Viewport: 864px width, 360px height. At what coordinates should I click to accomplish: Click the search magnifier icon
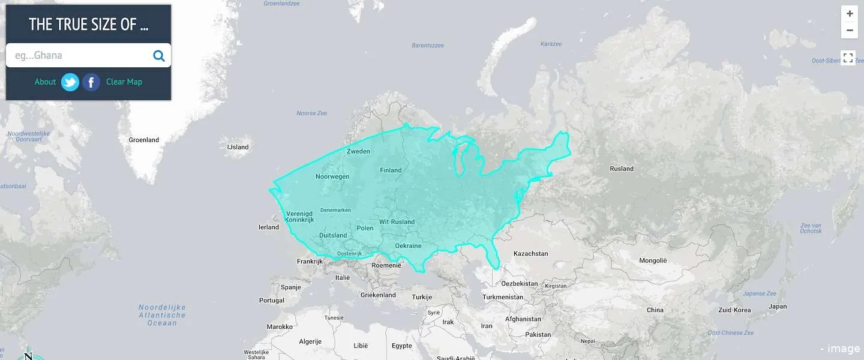tap(159, 56)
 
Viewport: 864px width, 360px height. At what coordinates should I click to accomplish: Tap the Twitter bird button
tap(70, 82)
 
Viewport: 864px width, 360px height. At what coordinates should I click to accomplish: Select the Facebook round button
tap(91, 82)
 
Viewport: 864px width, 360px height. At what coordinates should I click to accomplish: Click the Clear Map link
tap(124, 82)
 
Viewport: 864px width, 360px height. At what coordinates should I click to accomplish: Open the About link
tap(45, 82)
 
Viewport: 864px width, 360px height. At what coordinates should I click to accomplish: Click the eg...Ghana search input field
tap(78, 55)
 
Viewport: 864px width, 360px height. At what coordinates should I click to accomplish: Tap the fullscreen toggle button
tap(848, 58)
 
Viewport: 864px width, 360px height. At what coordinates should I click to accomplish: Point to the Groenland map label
tap(144, 140)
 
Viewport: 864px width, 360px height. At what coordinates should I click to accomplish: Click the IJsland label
tap(238, 147)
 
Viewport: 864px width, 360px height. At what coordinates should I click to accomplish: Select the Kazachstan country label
tap(530, 254)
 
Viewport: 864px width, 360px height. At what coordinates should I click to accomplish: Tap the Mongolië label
tap(653, 260)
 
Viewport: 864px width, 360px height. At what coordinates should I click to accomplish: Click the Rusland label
tap(622, 169)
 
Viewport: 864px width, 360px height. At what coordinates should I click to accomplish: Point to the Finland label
tap(391, 170)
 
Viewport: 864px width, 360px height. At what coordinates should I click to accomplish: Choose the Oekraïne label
tap(408, 245)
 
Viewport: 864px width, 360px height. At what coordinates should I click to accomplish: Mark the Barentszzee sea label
tap(428, 46)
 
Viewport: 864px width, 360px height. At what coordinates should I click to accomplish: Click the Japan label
tap(778, 307)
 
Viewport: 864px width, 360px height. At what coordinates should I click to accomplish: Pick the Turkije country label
tap(422, 297)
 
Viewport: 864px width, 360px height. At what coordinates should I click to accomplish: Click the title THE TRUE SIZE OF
tap(88, 25)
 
